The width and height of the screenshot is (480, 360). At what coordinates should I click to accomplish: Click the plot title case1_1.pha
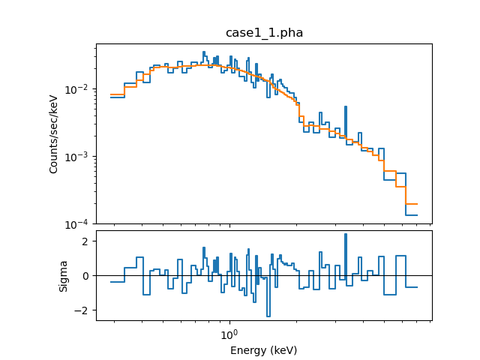264,33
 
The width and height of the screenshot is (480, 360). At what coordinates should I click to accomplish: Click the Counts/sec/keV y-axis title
54,134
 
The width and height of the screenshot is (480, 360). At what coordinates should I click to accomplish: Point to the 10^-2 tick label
79,89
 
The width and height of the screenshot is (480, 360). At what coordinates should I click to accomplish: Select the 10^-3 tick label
79,157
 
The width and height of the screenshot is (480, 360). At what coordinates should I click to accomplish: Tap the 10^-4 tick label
79,224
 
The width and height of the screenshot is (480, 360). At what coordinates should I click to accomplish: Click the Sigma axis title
64,275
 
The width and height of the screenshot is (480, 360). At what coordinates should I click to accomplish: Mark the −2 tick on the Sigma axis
83,310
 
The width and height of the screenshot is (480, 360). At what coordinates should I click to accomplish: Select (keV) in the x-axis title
284,350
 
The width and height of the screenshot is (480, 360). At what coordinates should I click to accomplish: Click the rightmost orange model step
411,204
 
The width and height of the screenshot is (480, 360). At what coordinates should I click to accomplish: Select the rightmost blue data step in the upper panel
411,215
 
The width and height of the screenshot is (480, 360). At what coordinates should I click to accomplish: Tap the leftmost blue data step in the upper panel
117,97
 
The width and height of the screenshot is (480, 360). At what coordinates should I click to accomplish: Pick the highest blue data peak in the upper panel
203,52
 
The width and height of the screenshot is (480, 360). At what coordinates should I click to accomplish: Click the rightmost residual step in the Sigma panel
411,287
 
